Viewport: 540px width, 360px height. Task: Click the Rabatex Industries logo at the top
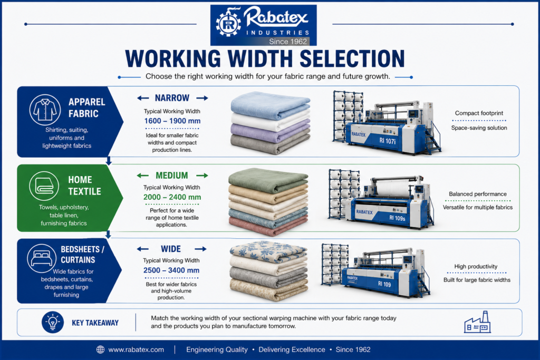pos(264,25)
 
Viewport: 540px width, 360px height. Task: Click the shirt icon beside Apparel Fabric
pos(45,110)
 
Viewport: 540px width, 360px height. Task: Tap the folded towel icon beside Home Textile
pos(44,186)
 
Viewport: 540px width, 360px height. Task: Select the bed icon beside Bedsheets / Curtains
pos(42,258)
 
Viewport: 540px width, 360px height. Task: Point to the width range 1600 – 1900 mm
pos(172,121)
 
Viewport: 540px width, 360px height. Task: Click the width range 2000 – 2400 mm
pos(172,197)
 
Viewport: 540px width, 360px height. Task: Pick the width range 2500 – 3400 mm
pos(171,270)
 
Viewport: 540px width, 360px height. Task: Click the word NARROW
pos(172,98)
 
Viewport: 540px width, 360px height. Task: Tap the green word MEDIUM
pos(172,176)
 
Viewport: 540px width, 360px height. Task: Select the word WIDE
pos(171,249)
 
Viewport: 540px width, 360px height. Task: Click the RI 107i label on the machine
pos(388,141)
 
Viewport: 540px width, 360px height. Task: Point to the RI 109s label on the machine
pos(397,218)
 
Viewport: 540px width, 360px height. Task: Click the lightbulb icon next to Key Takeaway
pos(53,323)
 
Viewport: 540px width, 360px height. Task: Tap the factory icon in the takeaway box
pos(477,322)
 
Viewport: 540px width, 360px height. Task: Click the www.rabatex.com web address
pos(136,349)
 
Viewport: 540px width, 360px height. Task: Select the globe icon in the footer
pos(100,349)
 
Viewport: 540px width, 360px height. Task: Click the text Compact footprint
pos(479,113)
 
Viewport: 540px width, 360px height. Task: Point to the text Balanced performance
pos(478,194)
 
